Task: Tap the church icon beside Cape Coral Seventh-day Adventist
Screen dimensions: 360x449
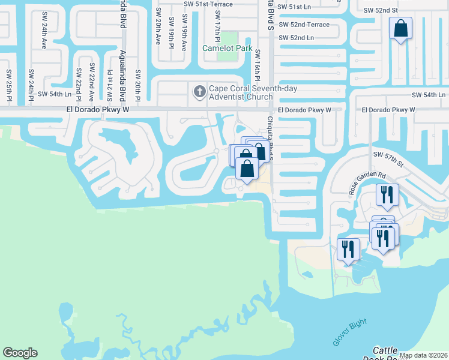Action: coord(200,92)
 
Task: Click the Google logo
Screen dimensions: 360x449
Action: coord(20,353)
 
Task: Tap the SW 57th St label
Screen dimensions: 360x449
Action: coord(386,155)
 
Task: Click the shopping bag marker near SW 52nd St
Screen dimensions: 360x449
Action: coord(400,28)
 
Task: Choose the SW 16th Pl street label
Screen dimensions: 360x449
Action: coord(258,65)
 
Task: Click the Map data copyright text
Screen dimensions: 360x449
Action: coord(423,355)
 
